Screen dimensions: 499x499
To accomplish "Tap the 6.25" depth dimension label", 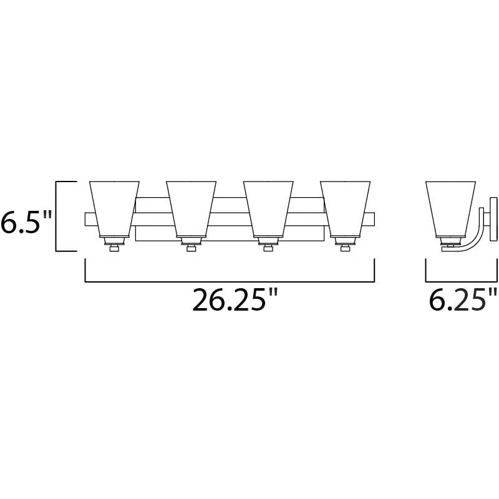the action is click(x=463, y=300).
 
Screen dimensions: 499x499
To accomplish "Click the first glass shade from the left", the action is click(x=114, y=209).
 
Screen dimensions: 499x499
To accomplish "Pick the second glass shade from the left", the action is click(x=191, y=209).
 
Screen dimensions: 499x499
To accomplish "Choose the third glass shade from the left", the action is click(x=268, y=209).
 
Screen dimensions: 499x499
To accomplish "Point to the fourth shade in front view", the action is click(x=346, y=209).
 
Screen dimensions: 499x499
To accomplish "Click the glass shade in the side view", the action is click(x=450, y=209).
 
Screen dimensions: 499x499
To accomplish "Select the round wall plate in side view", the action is click(x=493, y=221).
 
